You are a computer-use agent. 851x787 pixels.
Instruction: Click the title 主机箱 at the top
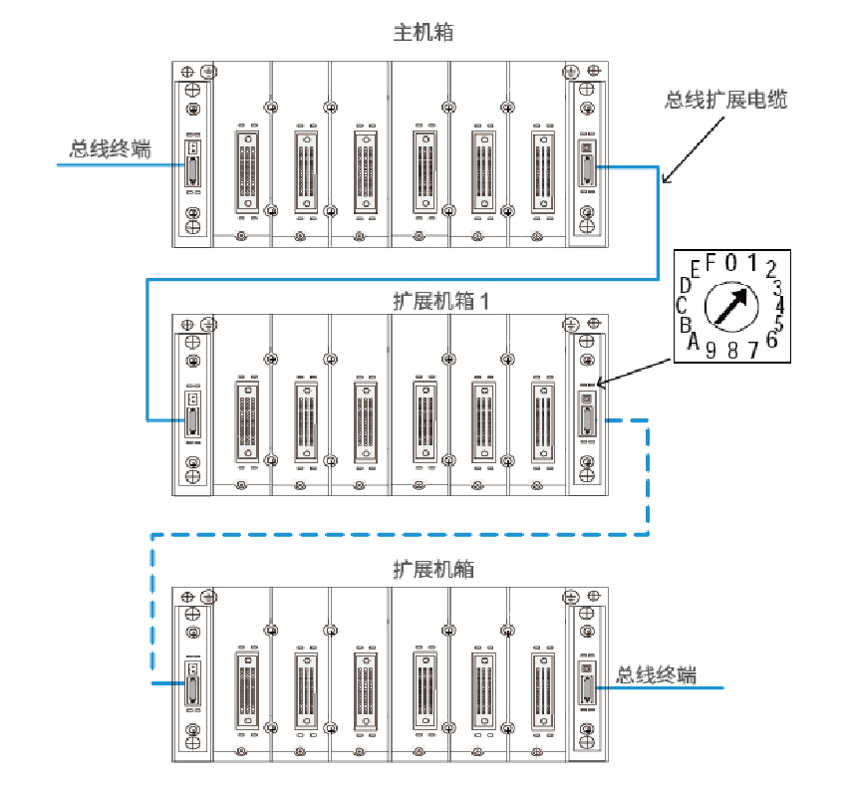[x=424, y=33]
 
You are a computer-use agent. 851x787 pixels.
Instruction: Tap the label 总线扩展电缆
[x=725, y=100]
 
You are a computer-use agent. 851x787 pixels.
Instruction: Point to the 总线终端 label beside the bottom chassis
[x=656, y=675]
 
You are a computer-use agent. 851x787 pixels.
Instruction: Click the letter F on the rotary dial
[x=710, y=263]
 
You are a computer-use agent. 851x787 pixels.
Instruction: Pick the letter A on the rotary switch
[x=692, y=342]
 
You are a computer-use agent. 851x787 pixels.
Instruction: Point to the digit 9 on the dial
[x=711, y=350]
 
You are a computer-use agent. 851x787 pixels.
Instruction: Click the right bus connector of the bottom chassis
[x=587, y=686]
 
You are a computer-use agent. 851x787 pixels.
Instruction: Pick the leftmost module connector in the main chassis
[x=247, y=169]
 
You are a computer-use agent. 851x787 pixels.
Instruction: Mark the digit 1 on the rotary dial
[x=753, y=264]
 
